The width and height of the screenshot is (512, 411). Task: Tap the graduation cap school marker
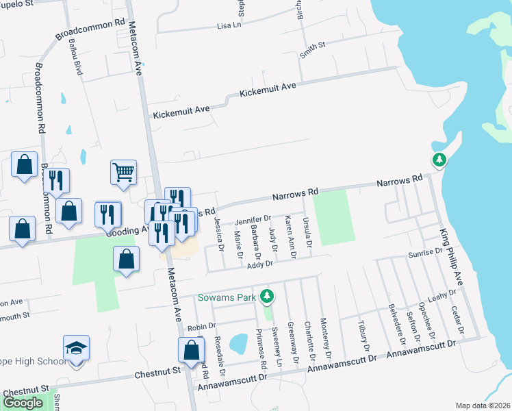pyautogui.click(x=77, y=347)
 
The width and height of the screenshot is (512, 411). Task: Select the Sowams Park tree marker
pyautogui.click(x=268, y=297)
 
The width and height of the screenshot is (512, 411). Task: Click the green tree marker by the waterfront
pyautogui.click(x=439, y=160)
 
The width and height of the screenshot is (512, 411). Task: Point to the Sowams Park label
pyautogui.click(x=227, y=297)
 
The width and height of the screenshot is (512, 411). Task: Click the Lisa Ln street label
pyautogui.click(x=229, y=26)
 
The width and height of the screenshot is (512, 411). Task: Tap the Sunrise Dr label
pyautogui.click(x=425, y=253)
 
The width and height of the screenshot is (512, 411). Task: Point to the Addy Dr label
pyautogui.click(x=260, y=264)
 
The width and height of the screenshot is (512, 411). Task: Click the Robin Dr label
pyautogui.click(x=196, y=327)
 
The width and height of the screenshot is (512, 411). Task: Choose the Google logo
pyautogui.click(x=23, y=403)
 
